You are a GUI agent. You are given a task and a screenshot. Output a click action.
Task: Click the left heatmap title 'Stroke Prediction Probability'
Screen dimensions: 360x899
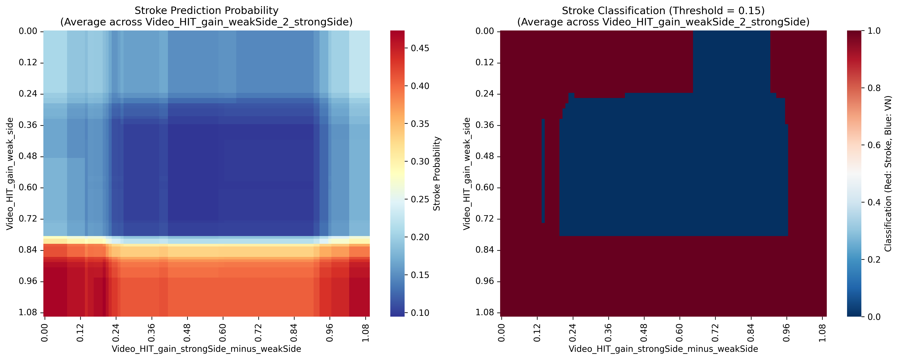tap(206, 10)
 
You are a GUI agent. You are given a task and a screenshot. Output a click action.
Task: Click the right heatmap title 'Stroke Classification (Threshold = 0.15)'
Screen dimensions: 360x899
tap(663, 10)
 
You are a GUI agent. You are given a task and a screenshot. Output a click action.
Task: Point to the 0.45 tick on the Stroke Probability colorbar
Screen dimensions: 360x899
tap(420, 48)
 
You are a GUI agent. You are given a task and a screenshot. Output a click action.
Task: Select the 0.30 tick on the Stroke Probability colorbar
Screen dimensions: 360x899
tap(420, 162)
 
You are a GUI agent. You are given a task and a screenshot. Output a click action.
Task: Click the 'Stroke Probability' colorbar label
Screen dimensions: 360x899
tap(437, 173)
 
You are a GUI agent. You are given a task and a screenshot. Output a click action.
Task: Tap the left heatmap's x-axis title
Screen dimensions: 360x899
tap(206, 349)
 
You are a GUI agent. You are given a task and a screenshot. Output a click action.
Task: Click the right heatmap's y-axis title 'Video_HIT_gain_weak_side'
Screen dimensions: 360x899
tap(467, 173)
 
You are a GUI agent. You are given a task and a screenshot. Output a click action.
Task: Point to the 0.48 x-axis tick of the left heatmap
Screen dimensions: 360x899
tap(187, 333)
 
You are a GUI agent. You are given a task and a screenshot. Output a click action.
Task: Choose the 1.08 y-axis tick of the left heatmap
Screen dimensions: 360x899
tap(28, 312)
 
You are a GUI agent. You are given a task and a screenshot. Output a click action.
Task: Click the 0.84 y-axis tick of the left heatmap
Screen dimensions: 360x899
tap(28, 250)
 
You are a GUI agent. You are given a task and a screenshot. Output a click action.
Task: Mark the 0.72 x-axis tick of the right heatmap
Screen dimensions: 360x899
tap(716, 333)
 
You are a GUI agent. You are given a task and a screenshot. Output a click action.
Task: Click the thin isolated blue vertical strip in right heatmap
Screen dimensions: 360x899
tap(543, 171)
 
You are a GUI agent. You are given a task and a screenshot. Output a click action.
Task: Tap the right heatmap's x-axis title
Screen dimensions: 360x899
tap(663, 349)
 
